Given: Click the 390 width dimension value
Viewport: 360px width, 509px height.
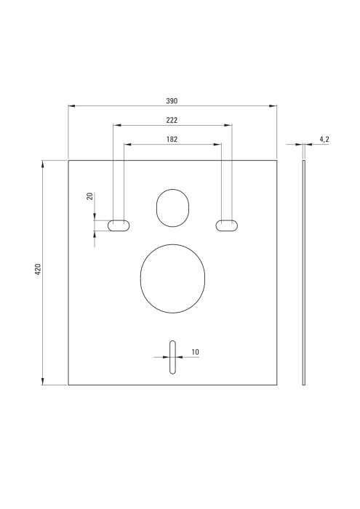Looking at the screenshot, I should click(172, 101).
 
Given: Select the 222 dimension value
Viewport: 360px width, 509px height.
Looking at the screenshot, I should click(172, 120).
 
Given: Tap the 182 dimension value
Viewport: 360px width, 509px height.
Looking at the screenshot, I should click(172, 139).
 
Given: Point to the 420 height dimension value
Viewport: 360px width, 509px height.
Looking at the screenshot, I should click(37, 270).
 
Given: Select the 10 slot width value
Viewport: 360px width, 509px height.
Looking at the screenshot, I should click(195, 352).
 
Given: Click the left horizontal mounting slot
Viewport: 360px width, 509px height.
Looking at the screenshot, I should click(119, 226).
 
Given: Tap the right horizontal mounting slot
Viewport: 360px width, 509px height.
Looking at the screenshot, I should click(225, 226).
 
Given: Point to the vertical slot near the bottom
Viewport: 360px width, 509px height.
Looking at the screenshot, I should click(172, 357).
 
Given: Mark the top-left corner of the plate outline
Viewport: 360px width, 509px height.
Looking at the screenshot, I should click(68, 160).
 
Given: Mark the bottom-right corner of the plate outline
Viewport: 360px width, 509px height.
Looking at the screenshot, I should click(277, 385).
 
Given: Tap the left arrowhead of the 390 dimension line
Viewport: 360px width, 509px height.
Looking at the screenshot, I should click(71, 106).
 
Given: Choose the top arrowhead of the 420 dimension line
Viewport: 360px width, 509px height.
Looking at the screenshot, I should click(43, 164).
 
